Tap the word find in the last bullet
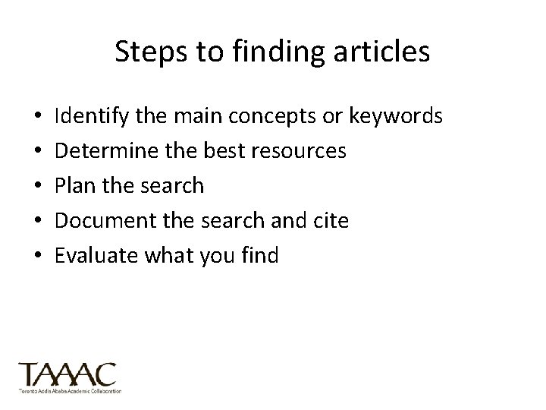coord(261,255)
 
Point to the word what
coord(162,255)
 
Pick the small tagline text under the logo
coord(70,390)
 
